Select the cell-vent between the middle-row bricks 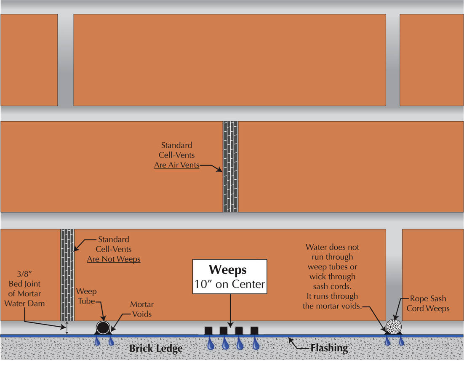pyautogui.click(x=230, y=167)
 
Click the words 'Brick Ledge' pyautogui.click(x=155, y=349)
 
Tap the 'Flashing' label pyautogui.click(x=329, y=348)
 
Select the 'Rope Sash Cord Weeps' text pyautogui.click(x=428, y=303)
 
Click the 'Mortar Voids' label pyautogui.click(x=142, y=309)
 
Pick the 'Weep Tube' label pyautogui.click(x=86, y=296)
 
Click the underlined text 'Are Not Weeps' pyautogui.click(x=114, y=259)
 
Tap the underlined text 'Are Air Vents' pyautogui.click(x=176, y=165)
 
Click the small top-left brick pyautogui.click(x=29, y=60)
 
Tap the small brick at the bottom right pyautogui.click(x=432, y=274)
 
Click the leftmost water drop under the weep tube pyautogui.click(x=98, y=343)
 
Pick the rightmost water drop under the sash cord pyautogui.click(x=401, y=342)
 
